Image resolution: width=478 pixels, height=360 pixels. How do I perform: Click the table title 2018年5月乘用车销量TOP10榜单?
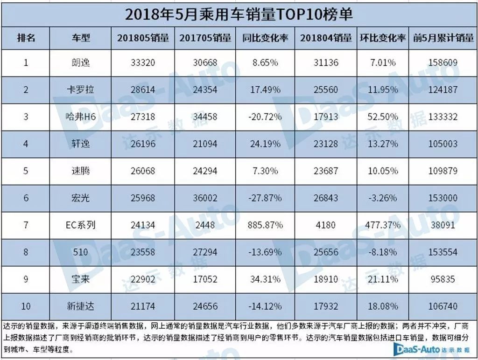point(239,14)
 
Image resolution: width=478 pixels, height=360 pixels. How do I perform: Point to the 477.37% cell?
point(383,225)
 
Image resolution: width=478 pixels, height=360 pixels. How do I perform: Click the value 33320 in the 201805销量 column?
point(142,62)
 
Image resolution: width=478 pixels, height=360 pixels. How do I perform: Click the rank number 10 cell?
point(26,306)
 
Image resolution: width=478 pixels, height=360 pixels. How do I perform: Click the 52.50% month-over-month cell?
point(383,117)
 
